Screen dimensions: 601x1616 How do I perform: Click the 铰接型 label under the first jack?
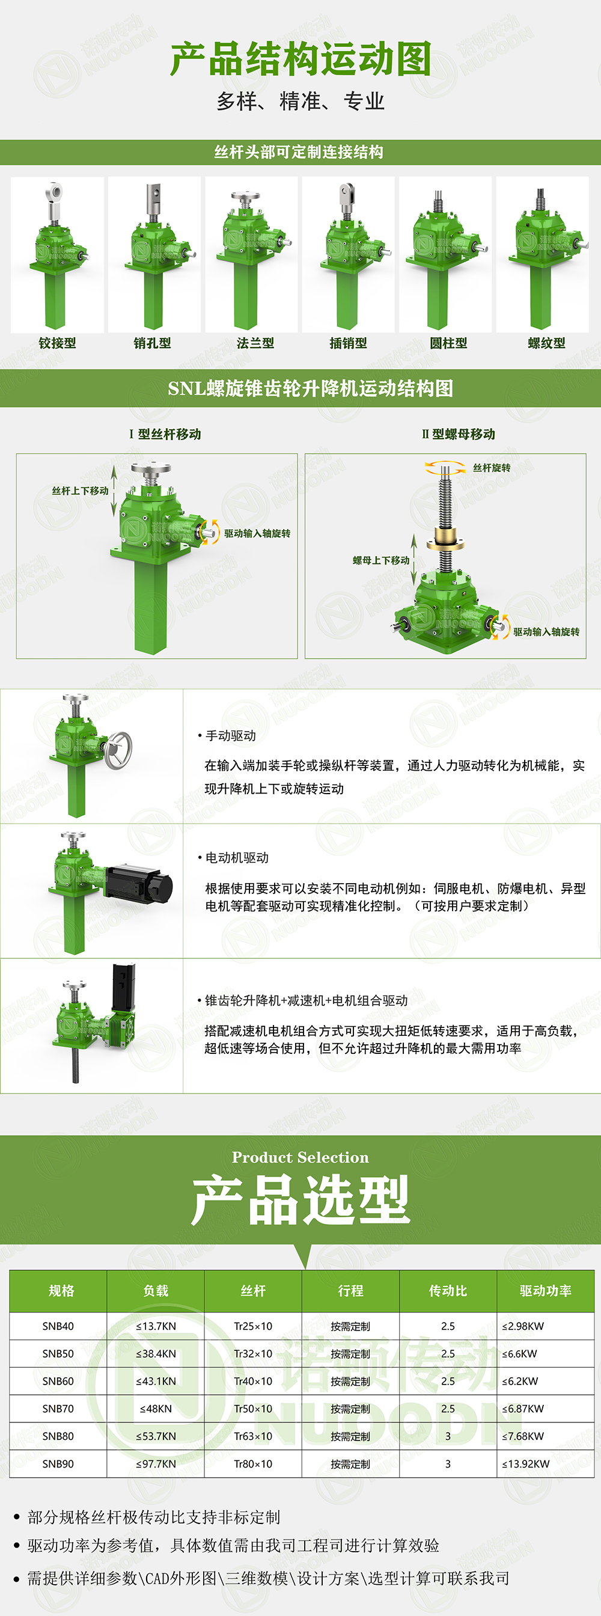pyautogui.click(x=57, y=343)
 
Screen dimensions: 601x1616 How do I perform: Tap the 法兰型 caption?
pyautogui.click(x=255, y=343)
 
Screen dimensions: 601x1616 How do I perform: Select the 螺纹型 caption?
pyautogui.click(x=546, y=343)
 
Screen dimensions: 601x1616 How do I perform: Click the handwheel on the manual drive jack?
pyautogui.click(x=118, y=750)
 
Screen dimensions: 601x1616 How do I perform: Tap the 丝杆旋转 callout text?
pyautogui.click(x=492, y=468)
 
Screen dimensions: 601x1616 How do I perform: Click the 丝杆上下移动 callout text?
pyautogui.click(x=81, y=491)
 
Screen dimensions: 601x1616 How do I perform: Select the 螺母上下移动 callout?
pyautogui.click(x=381, y=560)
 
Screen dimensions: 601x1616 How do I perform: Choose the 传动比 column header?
pyautogui.click(x=448, y=1290)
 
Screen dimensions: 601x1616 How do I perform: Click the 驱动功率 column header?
pyautogui.click(x=545, y=1290)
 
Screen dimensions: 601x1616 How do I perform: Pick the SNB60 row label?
pyautogui.click(x=58, y=1381)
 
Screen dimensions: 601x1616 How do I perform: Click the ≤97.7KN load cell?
pyautogui.click(x=156, y=1463)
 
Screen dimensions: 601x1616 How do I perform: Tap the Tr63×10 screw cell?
pyautogui.click(x=253, y=1436)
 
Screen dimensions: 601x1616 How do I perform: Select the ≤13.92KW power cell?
pyautogui.click(x=526, y=1463)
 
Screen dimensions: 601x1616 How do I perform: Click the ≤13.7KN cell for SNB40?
pyautogui.click(x=156, y=1326)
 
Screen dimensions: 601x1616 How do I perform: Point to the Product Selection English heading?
pyautogui.click(x=300, y=1157)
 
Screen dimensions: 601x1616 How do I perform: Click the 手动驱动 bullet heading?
pyautogui.click(x=227, y=735)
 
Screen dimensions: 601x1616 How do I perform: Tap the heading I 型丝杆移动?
pyautogui.click(x=165, y=434)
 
